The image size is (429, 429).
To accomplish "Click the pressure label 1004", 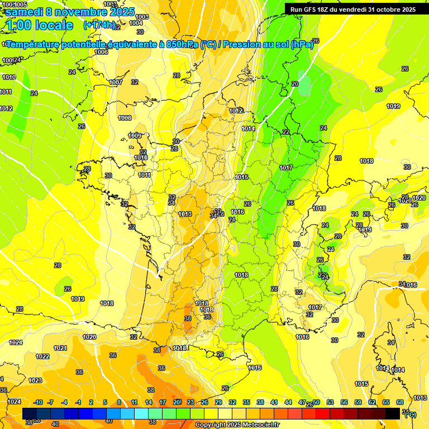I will coord(136,23).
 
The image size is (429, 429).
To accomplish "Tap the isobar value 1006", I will coord(101,52).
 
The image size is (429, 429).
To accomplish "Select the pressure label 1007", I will coord(116,82).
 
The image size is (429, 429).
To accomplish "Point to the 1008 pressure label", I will coord(125,118).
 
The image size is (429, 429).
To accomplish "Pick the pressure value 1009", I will coord(135,136).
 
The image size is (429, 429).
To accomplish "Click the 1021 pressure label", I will coord(60,348).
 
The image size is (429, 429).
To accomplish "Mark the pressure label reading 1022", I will coord(42,356).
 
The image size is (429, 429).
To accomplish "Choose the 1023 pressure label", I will coord(35,380).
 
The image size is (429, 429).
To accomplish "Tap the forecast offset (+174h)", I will coord(99,25).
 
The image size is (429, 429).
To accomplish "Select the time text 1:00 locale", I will coord(40,25).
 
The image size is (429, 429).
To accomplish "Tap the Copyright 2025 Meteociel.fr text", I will coord(237,425).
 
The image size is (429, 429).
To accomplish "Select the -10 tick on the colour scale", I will coord(38,402).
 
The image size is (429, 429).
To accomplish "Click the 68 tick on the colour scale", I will coord(400,402).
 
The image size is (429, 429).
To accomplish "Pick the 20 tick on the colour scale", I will coord(177,402).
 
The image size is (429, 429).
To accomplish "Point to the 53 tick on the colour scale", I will coord(330,402).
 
